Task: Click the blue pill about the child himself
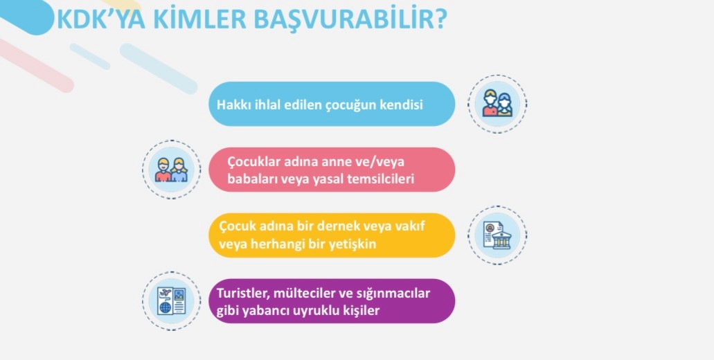332,105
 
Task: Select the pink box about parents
332,170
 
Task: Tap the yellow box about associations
332,235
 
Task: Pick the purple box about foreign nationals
332,301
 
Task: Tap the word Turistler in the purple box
242,294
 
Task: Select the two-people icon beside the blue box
497,104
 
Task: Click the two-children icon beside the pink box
171,170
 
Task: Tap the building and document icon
497,235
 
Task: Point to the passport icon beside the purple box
171,301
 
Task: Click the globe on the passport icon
164,307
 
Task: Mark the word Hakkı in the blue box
231,105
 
